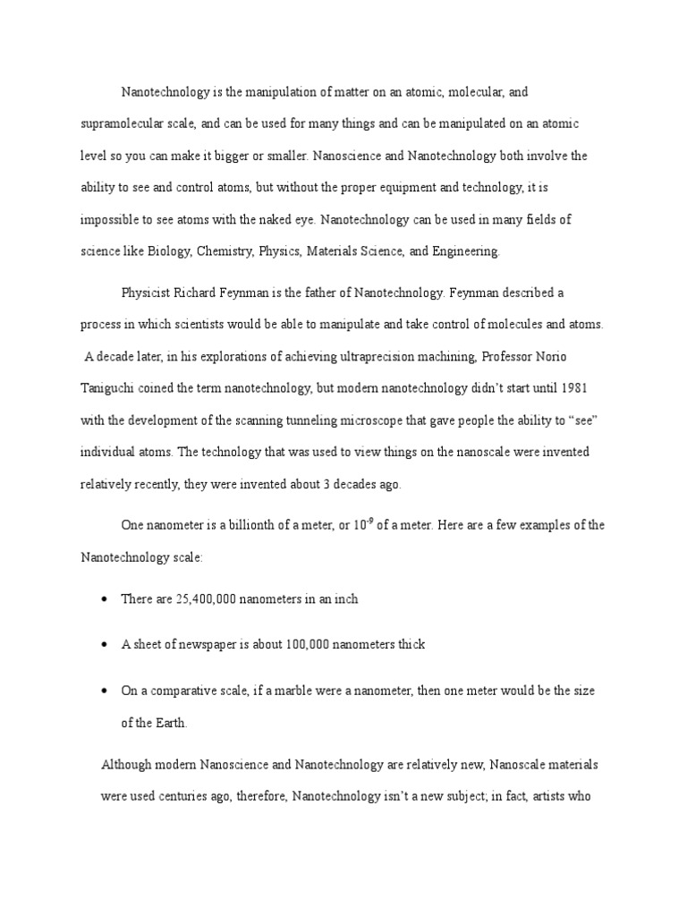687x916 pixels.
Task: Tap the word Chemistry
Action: pyautogui.click(x=226, y=251)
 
